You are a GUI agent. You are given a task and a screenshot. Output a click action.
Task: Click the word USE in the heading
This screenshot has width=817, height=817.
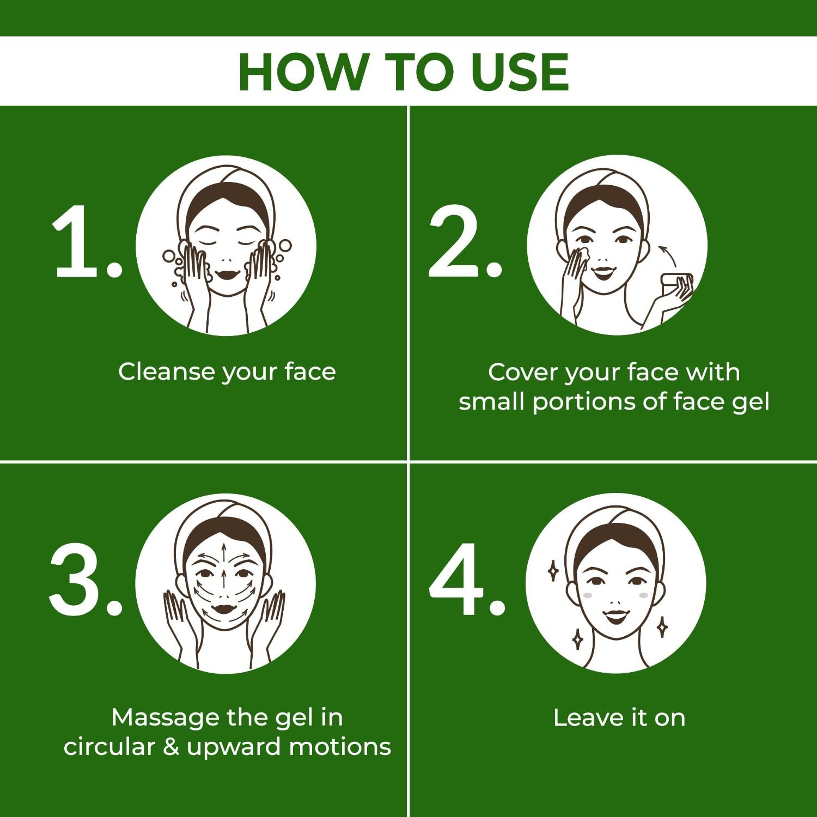pyautogui.click(x=520, y=72)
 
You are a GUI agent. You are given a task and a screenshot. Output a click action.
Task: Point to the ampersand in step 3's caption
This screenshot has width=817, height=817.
pyautogui.click(x=171, y=747)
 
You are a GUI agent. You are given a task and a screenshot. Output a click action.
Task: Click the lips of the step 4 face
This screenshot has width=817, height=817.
pyautogui.click(x=615, y=617)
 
